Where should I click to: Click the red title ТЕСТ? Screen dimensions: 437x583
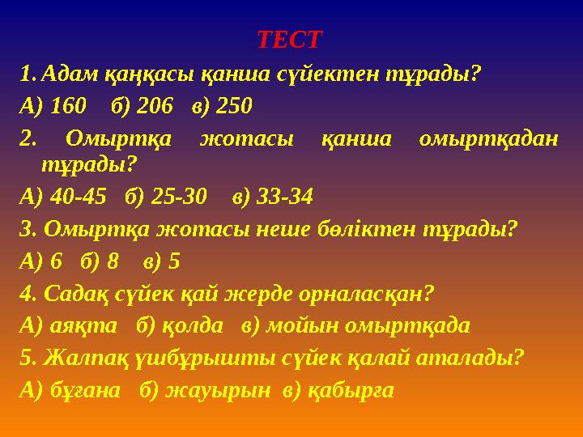[289, 39]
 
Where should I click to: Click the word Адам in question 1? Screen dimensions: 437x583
[70, 75]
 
